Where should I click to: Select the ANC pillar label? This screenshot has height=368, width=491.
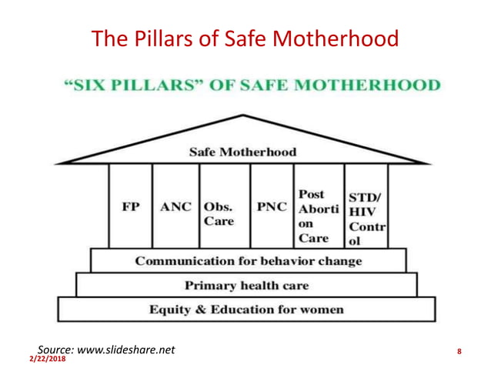click(175, 208)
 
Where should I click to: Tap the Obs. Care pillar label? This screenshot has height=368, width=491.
click(219, 214)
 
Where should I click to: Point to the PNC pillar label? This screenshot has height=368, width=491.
click(272, 208)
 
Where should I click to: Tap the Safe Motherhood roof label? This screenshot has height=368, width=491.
click(242, 152)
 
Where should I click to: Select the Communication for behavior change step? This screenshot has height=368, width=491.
click(248, 261)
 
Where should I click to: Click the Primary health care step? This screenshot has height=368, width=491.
click(246, 286)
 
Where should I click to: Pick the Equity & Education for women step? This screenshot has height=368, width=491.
click(246, 310)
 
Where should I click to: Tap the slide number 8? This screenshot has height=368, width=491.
click(459, 353)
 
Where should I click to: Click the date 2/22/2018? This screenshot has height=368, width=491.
click(48, 359)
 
